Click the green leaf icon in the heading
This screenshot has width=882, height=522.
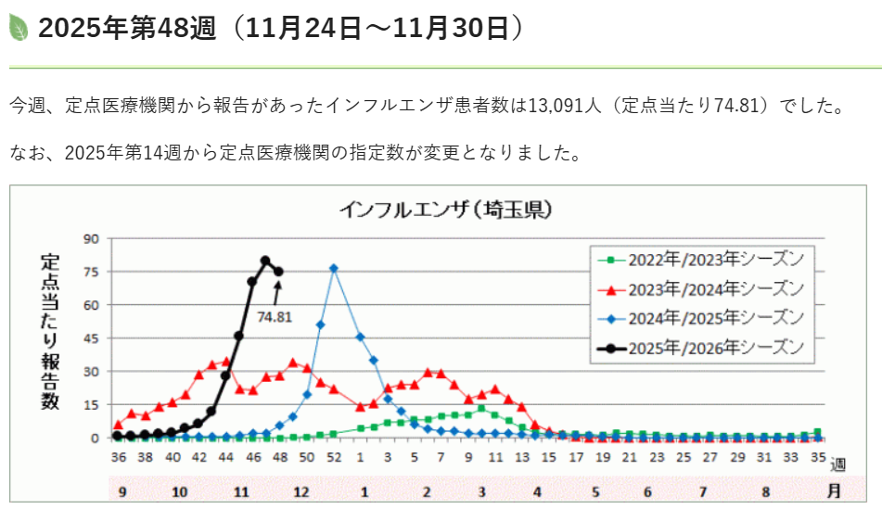pos(19,29)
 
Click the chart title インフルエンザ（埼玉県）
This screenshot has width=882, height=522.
pos(446,210)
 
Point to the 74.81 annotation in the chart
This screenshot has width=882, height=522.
pos(275,316)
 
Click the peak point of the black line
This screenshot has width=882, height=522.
pos(265,261)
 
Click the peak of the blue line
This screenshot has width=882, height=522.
pos(334,268)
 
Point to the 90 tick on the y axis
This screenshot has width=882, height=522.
pos(92,238)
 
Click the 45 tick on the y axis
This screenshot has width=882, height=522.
pos(92,338)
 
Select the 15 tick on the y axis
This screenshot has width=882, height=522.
pos(92,405)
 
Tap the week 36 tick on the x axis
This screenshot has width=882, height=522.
pos(119,457)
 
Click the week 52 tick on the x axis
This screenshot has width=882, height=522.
pos(334,457)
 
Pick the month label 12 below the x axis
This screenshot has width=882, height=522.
pos(301,490)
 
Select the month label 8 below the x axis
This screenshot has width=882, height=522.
pos(766,490)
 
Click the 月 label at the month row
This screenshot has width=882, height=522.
pos(835,490)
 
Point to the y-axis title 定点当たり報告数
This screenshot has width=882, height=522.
pos(50,331)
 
